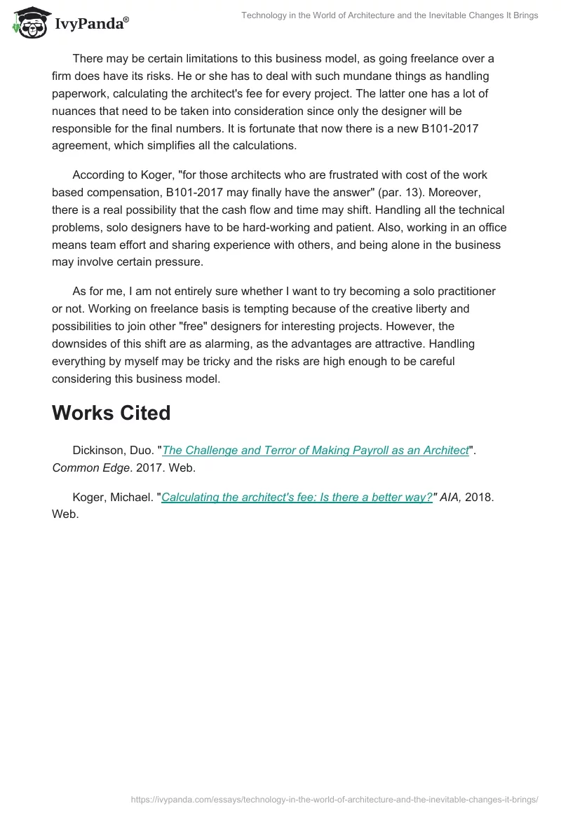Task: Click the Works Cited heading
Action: (x=111, y=413)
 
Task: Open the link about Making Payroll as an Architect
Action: (x=316, y=451)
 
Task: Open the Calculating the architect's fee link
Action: (x=297, y=497)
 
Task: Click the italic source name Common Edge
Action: (x=90, y=467)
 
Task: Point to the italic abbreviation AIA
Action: (x=452, y=497)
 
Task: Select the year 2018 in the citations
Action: (x=480, y=497)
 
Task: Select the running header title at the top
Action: (x=390, y=15)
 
